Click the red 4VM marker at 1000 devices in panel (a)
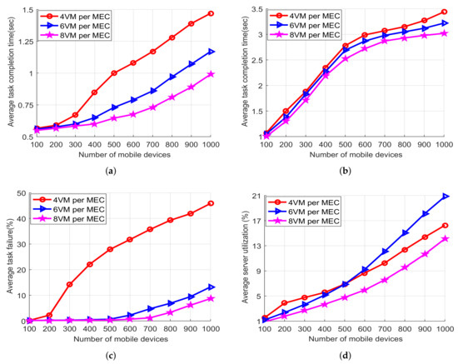pos(212,13)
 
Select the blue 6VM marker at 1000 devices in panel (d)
pos(446,196)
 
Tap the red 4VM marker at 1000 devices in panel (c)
pos(212,203)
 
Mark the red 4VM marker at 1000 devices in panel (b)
pos(446,12)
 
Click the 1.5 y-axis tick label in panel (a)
pos(22,9)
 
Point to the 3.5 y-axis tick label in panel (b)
pos(253,9)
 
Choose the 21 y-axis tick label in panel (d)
pos(254,196)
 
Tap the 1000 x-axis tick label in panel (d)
pos(444,331)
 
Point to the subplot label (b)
pos(356,171)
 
